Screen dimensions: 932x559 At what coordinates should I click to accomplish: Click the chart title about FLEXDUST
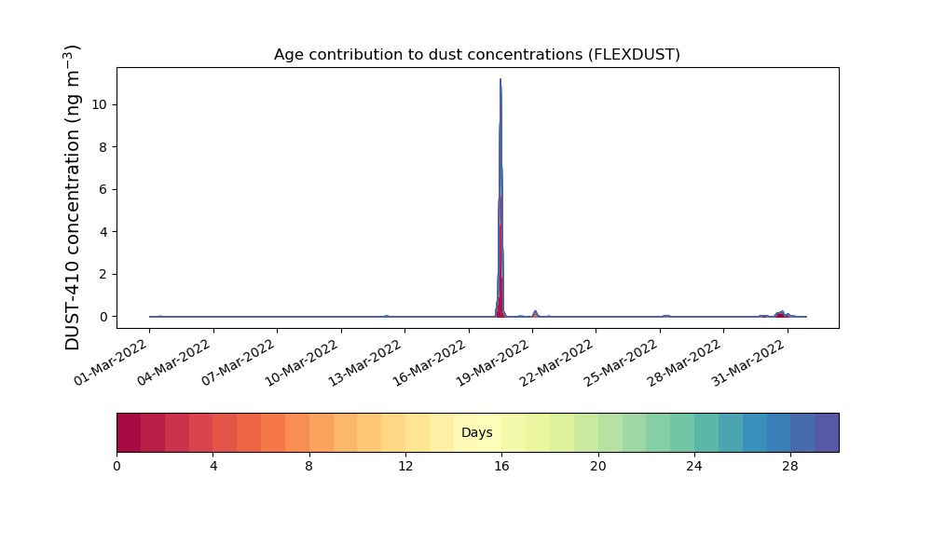tap(476, 55)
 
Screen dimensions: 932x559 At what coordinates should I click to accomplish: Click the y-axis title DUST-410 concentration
tap(72, 198)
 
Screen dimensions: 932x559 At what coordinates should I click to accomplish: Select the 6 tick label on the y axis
tap(103, 189)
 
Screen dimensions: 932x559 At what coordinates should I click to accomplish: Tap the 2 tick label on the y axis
tap(103, 275)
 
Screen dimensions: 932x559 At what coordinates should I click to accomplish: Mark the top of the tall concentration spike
tap(500, 79)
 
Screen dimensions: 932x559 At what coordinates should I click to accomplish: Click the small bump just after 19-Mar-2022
tap(535, 313)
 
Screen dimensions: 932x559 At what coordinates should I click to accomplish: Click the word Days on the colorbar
tap(476, 432)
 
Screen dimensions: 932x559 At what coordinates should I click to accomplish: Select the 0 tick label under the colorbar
tap(116, 467)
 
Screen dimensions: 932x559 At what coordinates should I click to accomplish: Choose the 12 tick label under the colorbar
tap(405, 467)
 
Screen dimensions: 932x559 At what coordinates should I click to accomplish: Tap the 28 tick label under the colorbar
tap(790, 467)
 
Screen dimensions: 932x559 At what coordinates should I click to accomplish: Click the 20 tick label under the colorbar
tap(598, 467)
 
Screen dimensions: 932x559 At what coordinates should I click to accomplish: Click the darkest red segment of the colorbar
tap(129, 432)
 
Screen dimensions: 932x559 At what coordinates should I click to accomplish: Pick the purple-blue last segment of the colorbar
tap(827, 432)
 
